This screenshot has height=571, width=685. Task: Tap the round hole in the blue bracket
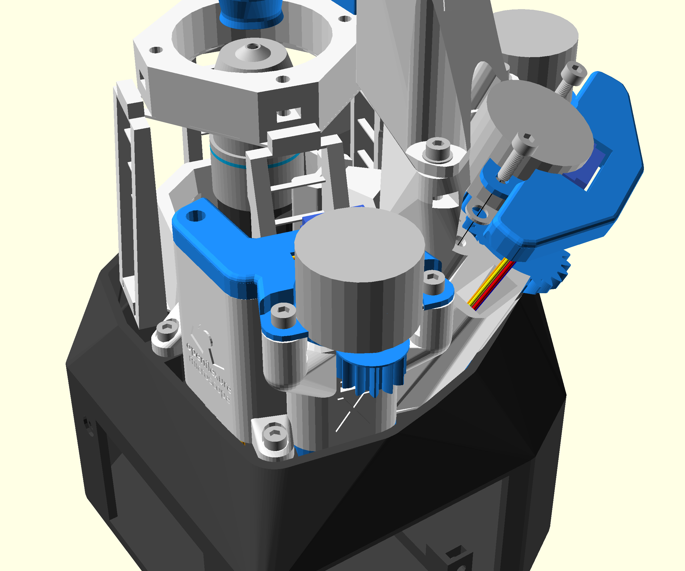[x=196, y=216]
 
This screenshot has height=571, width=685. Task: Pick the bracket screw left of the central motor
[x=283, y=315]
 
